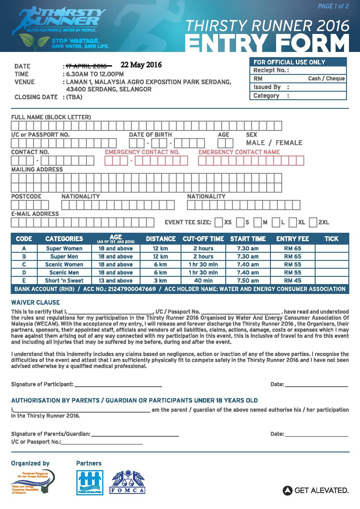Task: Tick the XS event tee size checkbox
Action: [219, 223]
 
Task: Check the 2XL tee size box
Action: [313, 223]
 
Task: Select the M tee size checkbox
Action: [257, 223]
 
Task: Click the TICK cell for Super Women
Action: [332, 248]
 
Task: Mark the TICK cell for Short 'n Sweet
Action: [332, 281]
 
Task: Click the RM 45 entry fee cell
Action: [292, 281]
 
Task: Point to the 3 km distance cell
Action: [160, 281]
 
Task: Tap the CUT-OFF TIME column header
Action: [203, 239]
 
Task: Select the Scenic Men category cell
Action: [64, 272]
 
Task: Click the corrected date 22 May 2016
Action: [141, 65]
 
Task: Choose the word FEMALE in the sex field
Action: [289, 143]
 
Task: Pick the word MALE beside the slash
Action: [255, 143]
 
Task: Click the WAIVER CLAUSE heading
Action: [35, 302]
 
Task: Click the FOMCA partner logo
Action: [127, 482]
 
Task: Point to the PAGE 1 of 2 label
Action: [333, 6]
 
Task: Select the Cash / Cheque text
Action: [326, 78]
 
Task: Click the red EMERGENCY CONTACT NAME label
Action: [239, 152]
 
